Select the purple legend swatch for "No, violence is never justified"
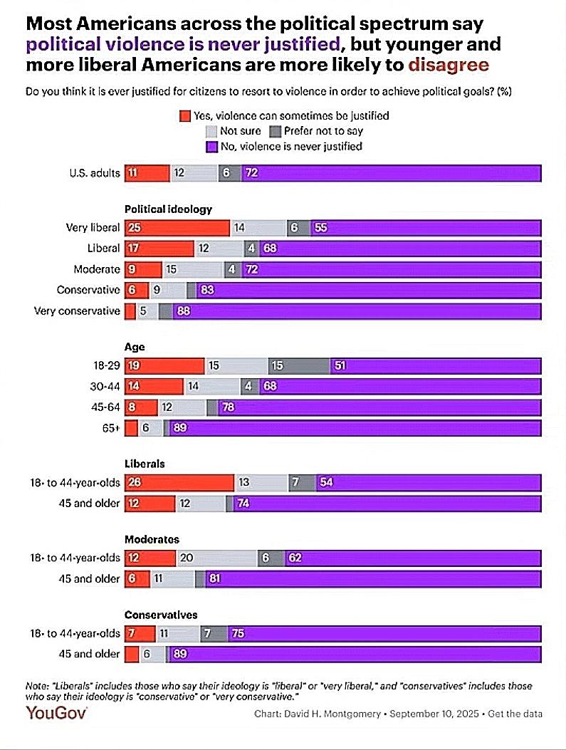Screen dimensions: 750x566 (210, 147)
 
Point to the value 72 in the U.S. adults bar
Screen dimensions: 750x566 (251, 173)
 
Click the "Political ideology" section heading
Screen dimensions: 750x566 (168, 209)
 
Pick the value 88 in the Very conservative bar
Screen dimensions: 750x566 (183, 311)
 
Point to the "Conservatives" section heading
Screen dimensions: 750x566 (161, 615)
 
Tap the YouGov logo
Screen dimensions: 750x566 (56, 713)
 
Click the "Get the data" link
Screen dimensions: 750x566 (515, 714)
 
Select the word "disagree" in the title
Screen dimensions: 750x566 (449, 66)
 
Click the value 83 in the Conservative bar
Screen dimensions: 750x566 (208, 291)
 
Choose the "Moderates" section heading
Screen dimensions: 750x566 (152, 540)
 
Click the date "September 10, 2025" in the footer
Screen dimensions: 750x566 (433, 714)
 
